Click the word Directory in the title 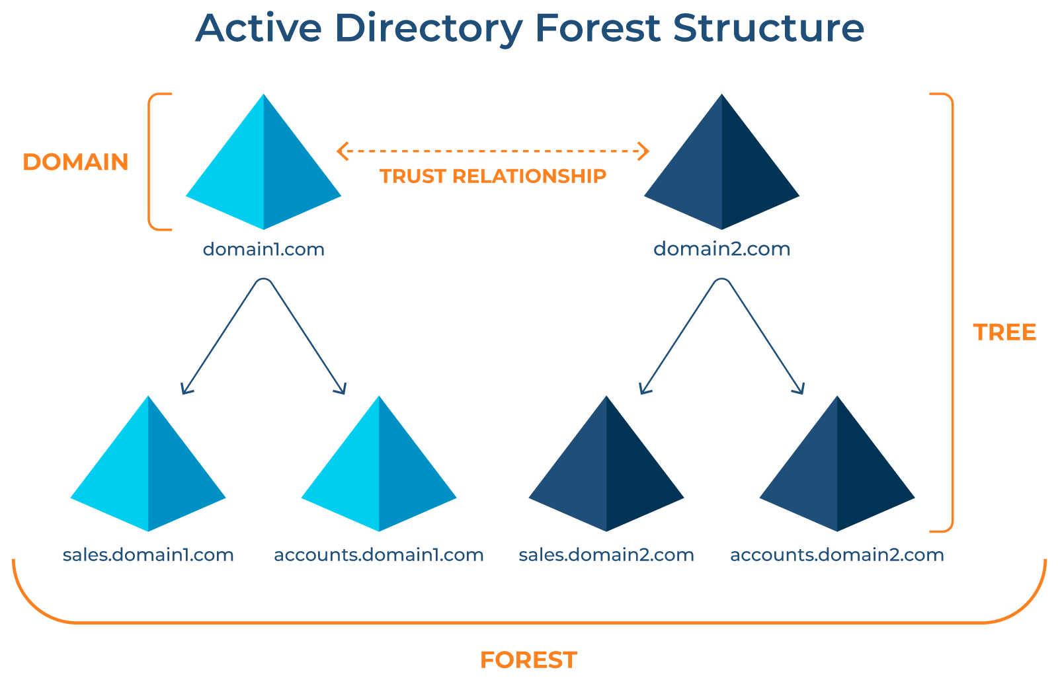[428, 30]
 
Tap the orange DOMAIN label [75, 162]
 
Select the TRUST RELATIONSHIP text [493, 176]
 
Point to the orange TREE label [1004, 332]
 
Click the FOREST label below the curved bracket [528, 660]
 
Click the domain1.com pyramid [263, 169]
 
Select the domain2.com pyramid [721, 169]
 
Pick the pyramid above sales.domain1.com [148, 469]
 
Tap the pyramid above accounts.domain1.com [379, 469]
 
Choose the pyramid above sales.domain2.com [606, 469]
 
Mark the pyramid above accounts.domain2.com [837, 469]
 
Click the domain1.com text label [263, 249]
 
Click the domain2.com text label [721, 249]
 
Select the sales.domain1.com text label [148, 554]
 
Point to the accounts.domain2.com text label [836, 554]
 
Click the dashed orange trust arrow [493, 151]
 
